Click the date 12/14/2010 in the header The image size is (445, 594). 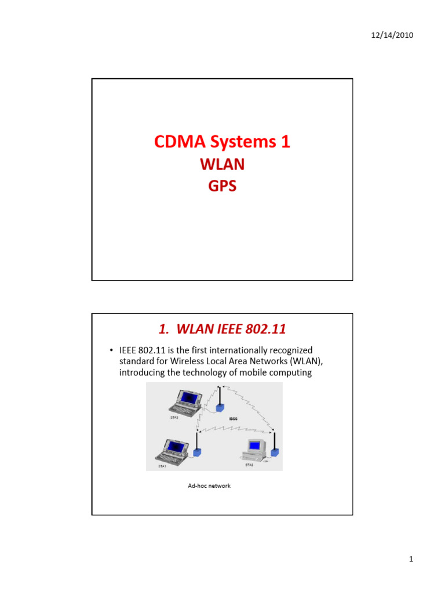click(392, 35)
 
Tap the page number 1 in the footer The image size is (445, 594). click(410, 559)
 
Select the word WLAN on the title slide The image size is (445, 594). click(222, 165)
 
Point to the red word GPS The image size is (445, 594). click(222, 187)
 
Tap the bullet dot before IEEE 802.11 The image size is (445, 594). click(111, 350)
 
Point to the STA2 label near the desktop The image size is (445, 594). click(249, 465)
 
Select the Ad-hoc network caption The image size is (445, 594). click(209, 486)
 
